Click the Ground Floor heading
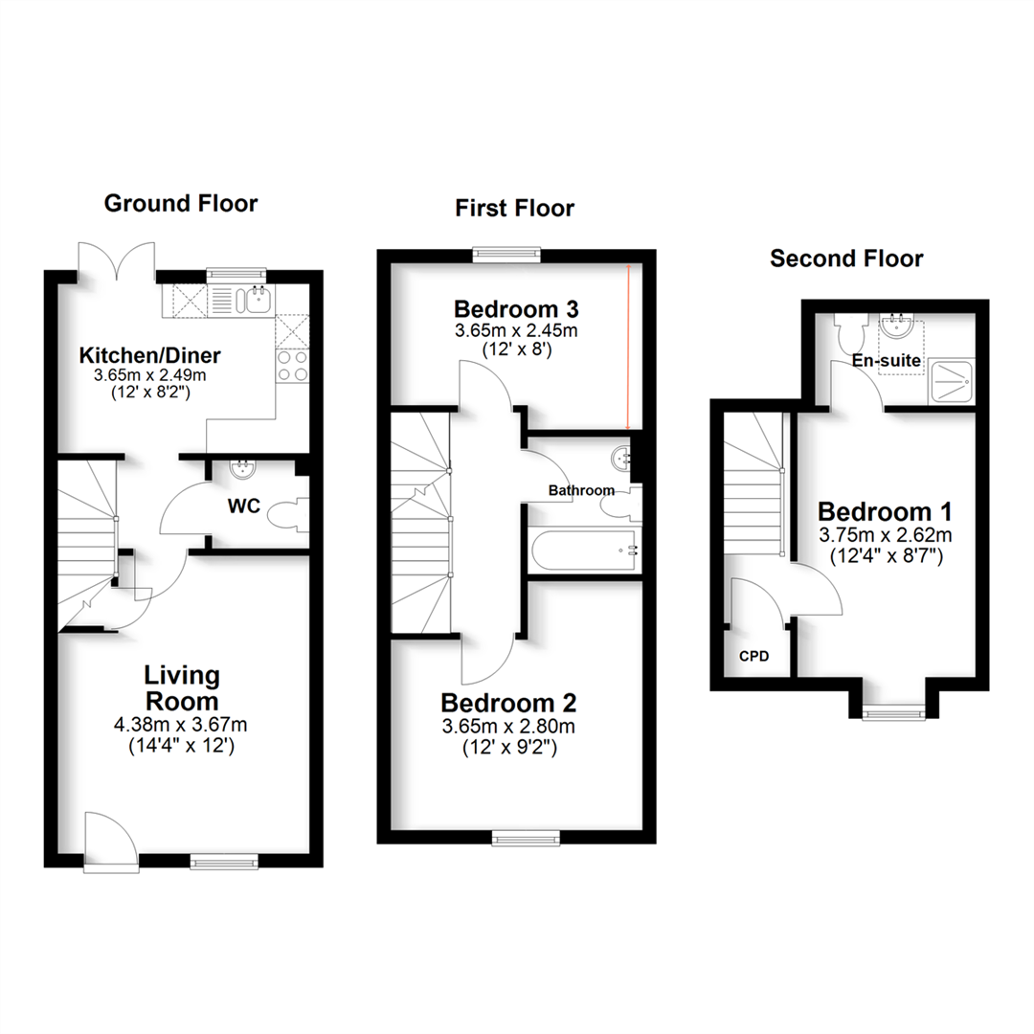[181, 203]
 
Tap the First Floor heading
[514, 209]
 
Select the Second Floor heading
[846, 258]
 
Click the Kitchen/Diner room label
[149, 355]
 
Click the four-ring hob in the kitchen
[292, 366]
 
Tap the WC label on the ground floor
[244, 506]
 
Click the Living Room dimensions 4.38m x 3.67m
[181, 725]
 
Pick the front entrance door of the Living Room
[111, 843]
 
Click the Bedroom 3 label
[516, 308]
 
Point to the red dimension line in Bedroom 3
[628, 347]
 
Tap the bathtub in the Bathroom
[585, 550]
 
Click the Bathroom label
[581, 490]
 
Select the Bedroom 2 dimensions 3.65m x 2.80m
[508, 727]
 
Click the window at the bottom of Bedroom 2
[526, 838]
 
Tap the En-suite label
[887, 360]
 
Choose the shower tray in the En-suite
[951, 381]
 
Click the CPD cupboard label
[753, 656]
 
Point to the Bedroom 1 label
[885, 511]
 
